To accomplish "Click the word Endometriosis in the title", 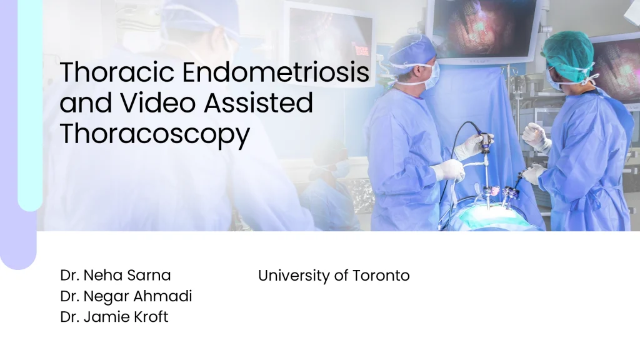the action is [x=276, y=72].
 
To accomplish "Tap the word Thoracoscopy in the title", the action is [x=155, y=134].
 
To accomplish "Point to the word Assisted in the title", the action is [x=258, y=102].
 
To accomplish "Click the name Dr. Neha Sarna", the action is [x=116, y=275].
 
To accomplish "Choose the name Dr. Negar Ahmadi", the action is [x=126, y=296].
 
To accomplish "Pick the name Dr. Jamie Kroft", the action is [x=114, y=317].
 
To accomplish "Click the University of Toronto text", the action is [x=334, y=276].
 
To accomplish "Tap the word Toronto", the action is [x=381, y=276].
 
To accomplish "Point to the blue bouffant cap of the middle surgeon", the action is [x=412, y=50].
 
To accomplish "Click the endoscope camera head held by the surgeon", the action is [x=485, y=142].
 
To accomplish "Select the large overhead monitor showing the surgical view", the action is [x=485, y=29].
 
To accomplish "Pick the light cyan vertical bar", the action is [x=30, y=105].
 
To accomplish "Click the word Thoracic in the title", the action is [x=117, y=72].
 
